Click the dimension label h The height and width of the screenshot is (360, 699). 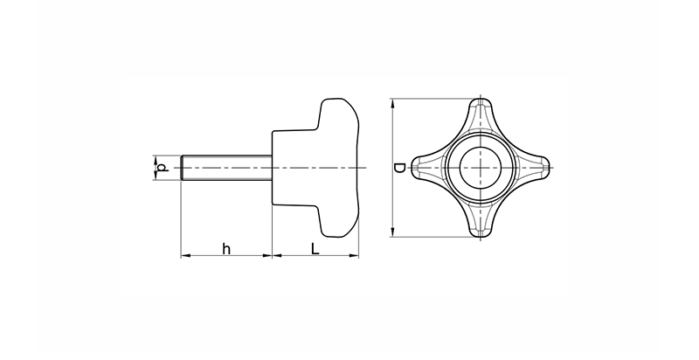pyautogui.click(x=226, y=249)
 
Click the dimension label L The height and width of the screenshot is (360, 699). pyautogui.click(x=315, y=249)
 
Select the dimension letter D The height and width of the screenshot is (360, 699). pyautogui.click(x=399, y=168)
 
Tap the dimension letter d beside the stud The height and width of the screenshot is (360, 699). pyautogui.click(x=163, y=168)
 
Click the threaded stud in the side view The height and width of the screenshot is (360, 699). pyautogui.click(x=226, y=168)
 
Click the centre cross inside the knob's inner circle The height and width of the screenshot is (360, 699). pyautogui.click(x=481, y=168)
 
